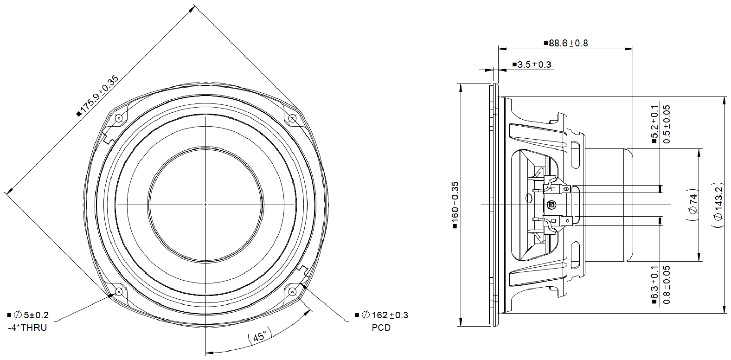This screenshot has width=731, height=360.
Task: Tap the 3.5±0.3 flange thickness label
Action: coord(532,64)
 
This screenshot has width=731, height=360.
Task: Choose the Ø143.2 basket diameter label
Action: coord(718,205)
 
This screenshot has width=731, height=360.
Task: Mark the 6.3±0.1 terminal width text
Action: coord(654,284)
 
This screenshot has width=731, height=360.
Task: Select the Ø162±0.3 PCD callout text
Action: coord(385,315)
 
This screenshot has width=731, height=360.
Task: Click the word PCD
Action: coord(381,328)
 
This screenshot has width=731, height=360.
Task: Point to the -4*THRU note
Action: coord(27,328)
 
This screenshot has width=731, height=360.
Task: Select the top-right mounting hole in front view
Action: coord(292,118)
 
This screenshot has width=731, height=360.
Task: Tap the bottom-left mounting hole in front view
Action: coord(119,291)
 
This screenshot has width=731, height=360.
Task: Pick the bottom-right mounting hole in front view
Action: coord(292,291)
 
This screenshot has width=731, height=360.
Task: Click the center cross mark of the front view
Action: coord(205,205)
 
